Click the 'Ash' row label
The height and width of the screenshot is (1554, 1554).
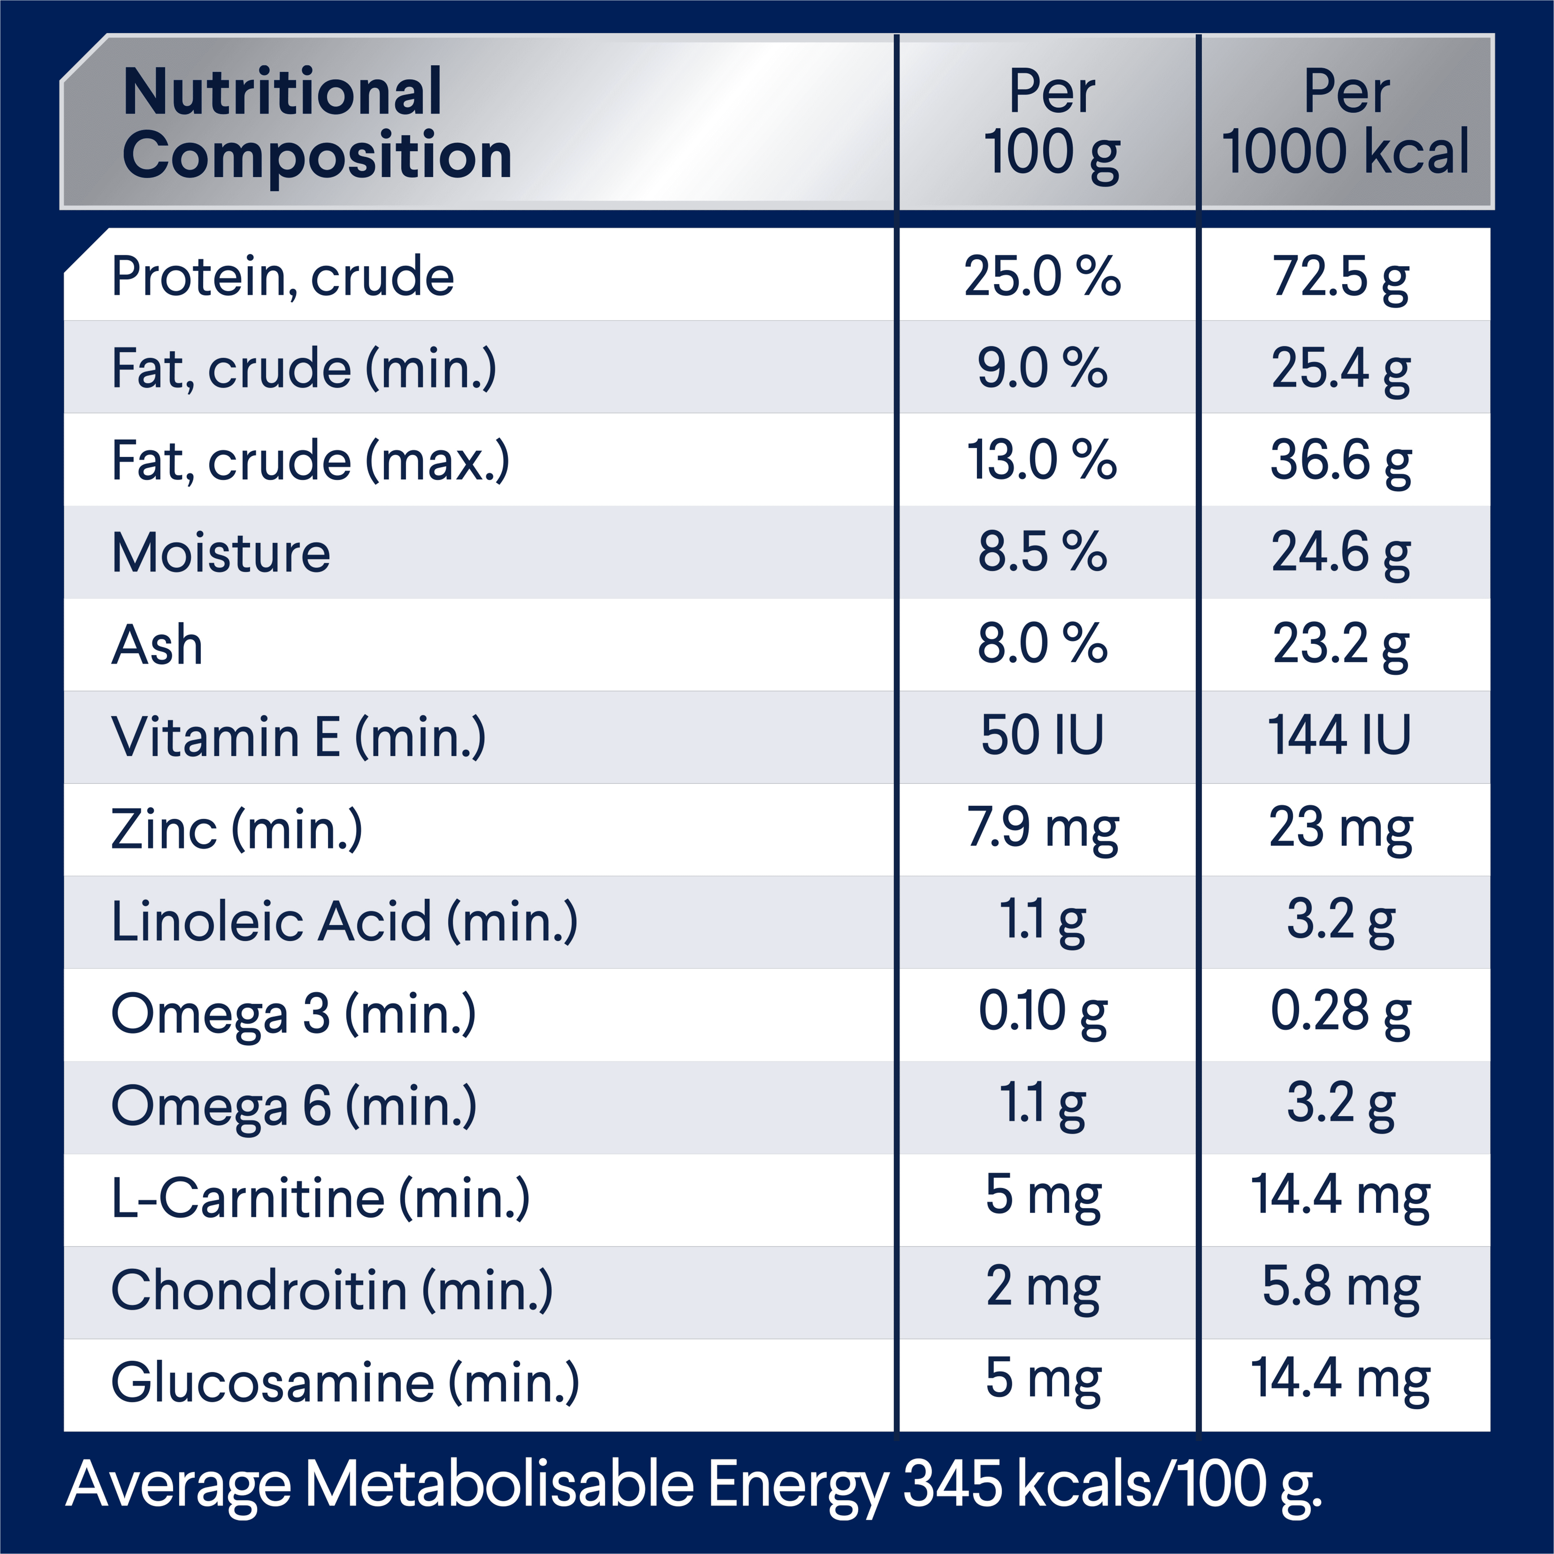(157, 645)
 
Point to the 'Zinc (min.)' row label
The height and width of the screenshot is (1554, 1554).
(236, 829)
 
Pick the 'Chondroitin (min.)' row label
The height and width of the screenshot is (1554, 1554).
(332, 1290)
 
